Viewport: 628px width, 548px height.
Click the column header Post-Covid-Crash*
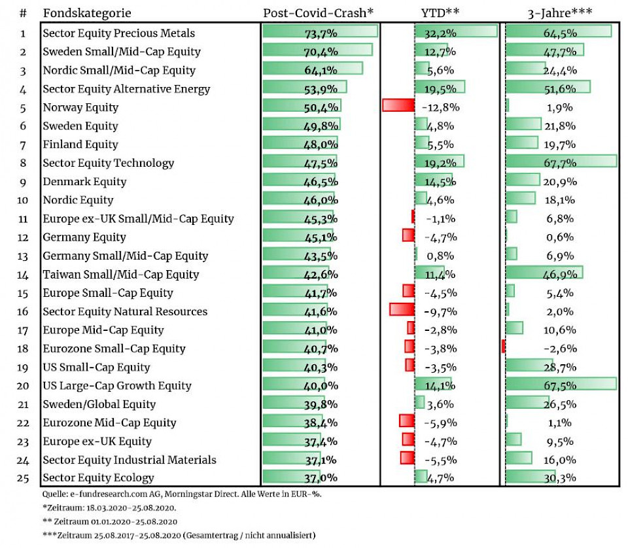318,13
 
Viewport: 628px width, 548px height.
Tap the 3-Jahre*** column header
559,13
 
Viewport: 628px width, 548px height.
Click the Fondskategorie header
86,13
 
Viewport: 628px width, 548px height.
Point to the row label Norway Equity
80,107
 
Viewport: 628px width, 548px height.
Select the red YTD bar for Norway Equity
398,105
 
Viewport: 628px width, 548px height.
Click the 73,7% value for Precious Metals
321,33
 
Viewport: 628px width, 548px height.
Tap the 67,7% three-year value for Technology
559,163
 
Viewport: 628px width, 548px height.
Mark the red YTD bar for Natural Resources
402,309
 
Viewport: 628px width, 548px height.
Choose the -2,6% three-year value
559,349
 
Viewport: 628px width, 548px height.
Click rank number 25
23,478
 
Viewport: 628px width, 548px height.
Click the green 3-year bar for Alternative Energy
548,87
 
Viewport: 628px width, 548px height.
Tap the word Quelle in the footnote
55,494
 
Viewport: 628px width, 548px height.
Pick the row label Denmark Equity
84,182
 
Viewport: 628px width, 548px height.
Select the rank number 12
23,237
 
